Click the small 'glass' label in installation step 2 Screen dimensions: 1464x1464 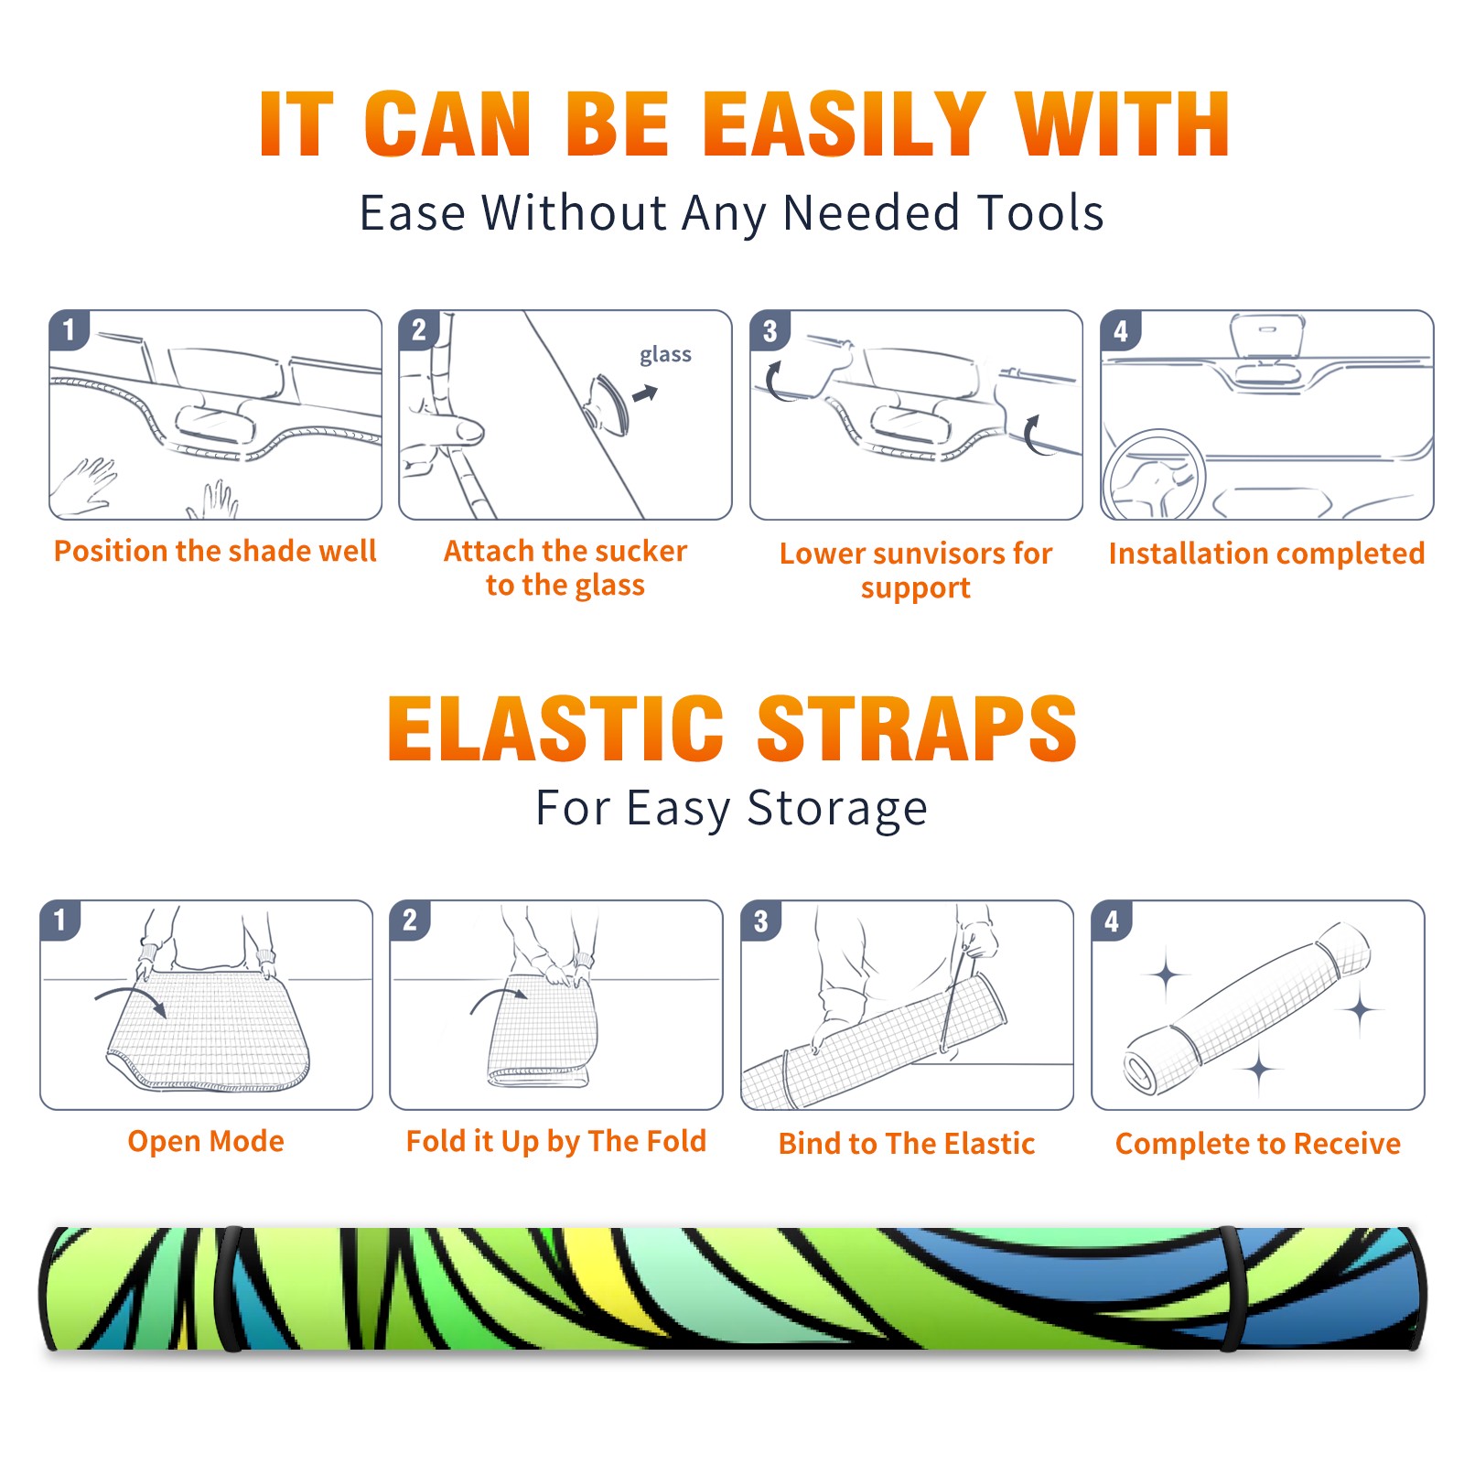pos(665,355)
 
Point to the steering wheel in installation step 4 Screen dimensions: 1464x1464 pos(1153,475)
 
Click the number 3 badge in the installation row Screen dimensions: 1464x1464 pos(770,330)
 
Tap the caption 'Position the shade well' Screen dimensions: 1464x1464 pos(215,551)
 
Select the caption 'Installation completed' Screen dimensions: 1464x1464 pos(1266,553)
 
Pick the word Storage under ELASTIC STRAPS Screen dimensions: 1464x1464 pos(837,809)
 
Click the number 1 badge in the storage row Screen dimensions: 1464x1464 pos(60,920)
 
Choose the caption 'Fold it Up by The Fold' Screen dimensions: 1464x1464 pos(556,1141)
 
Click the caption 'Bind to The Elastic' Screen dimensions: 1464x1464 pos(907,1143)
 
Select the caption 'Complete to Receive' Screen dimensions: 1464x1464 pos(1258,1143)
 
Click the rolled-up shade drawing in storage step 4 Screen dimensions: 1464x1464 pos(1247,1008)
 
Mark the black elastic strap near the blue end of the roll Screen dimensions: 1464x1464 pos(1230,1289)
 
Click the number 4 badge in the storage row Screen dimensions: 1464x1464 pos(1112,920)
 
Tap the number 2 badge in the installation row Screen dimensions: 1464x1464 pos(419,330)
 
